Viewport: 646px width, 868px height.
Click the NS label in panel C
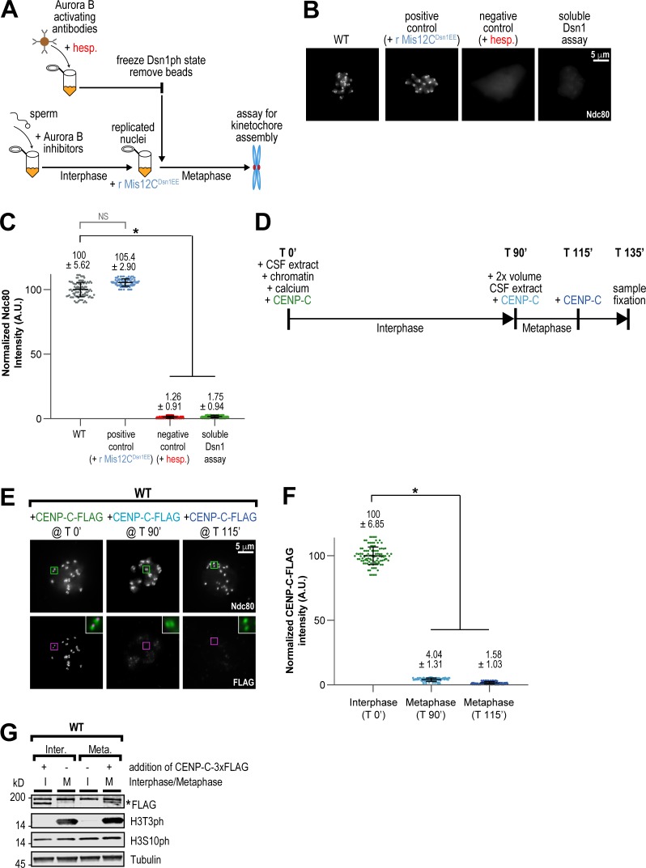103,217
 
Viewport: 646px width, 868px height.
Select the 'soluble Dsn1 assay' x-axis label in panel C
215,447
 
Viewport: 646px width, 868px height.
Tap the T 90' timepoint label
515,252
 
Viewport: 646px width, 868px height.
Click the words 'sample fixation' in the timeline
629,294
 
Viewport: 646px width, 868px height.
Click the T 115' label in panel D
578,252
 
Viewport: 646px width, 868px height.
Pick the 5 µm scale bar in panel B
600,61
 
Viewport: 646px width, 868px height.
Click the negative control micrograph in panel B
498,84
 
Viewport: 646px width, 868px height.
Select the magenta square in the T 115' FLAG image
215,641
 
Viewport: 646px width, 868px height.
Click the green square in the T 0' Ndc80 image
53,570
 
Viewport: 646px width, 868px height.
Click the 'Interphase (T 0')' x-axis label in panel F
373,709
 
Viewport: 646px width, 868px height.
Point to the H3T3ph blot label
147,822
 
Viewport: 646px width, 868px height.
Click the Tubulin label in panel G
145,859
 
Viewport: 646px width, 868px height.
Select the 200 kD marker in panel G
18,797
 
